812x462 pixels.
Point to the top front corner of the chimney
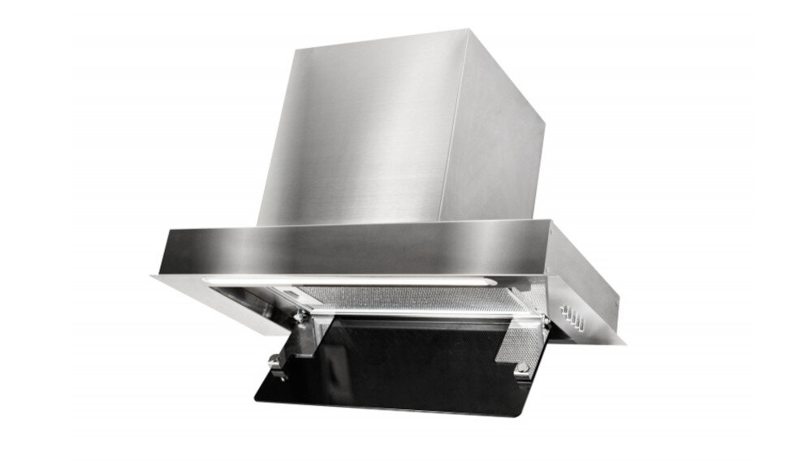pos(466,32)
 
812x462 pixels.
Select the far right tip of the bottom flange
pos(625,341)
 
